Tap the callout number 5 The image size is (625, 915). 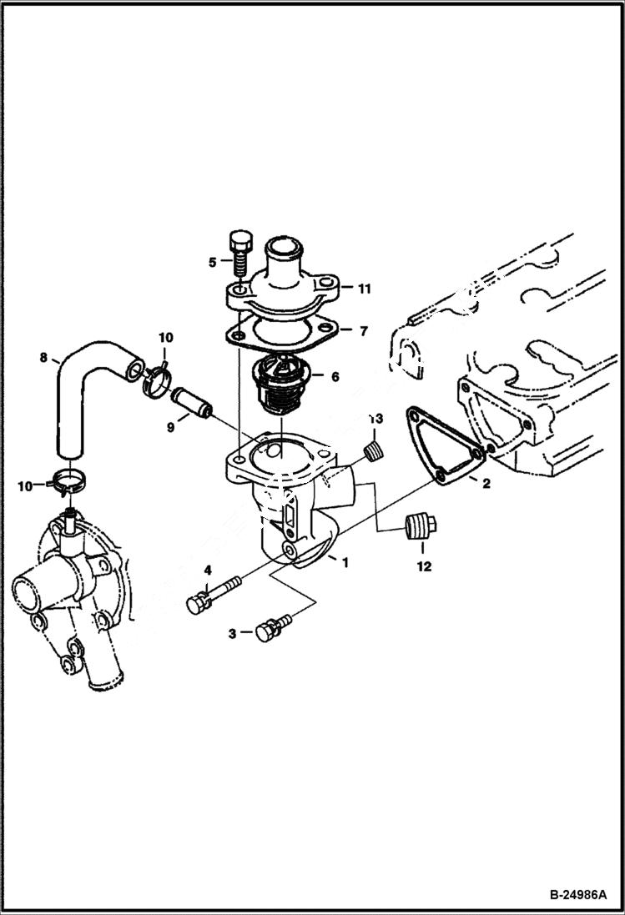(x=213, y=261)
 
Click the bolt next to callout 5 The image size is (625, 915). (x=239, y=255)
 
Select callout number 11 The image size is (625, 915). (x=365, y=289)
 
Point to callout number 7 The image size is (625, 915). (x=363, y=331)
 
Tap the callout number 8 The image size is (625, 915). (x=43, y=359)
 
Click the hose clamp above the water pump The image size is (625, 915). (x=70, y=481)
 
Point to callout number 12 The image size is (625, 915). (x=423, y=567)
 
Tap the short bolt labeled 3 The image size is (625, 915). (x=274, y=628)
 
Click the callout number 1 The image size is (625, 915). (x=344, y=562)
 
